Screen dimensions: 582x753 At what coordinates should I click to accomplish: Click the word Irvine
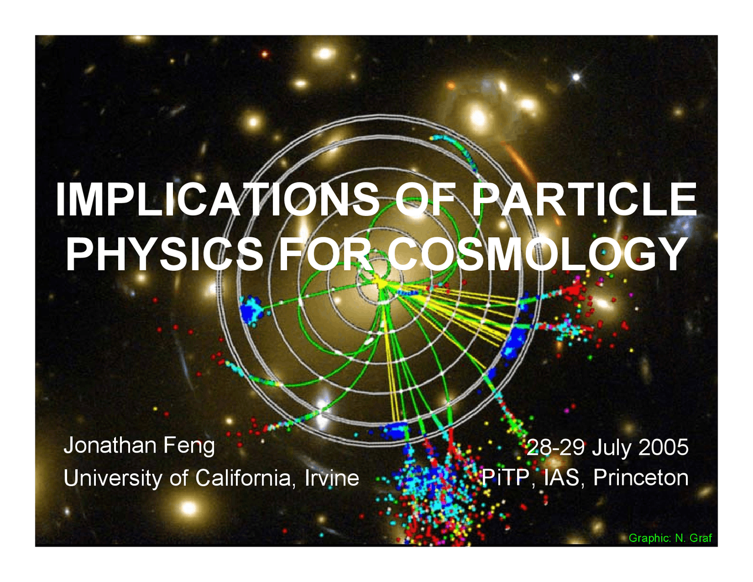tap(332, 477)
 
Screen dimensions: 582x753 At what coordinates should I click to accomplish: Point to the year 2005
tap(663, 447)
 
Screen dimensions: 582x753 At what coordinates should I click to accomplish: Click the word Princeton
tap(641, 477)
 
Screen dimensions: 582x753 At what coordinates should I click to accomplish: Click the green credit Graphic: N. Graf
tap(670, 538)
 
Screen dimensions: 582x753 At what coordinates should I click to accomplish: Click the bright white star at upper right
tap(576, 77)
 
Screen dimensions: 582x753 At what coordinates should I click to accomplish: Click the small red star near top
tap(265, 54)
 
